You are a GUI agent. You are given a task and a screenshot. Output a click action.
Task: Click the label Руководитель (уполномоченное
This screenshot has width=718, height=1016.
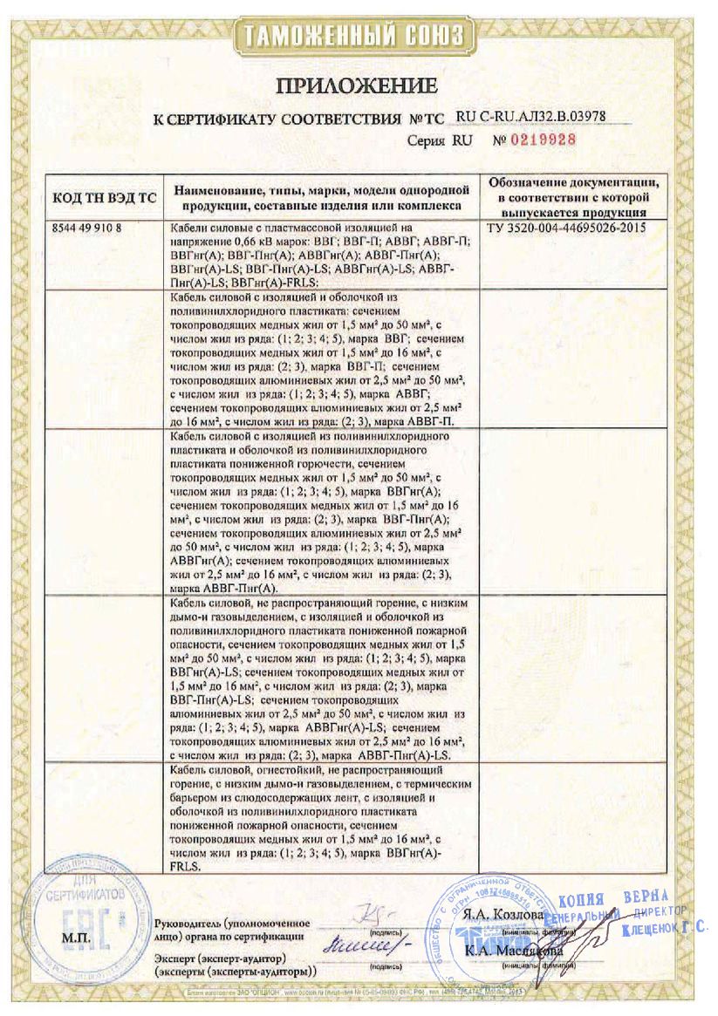231,922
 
